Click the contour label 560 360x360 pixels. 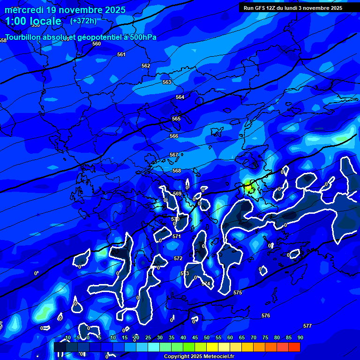click(97, 44)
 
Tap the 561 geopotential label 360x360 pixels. click(121, 54)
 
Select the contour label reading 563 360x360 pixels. click(167, 82)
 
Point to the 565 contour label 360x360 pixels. click(176, 119)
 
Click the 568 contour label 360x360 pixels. click(177, 171)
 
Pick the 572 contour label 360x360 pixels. click(178, 258)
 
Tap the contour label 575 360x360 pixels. click(238, 292)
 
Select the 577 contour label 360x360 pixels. click(307, 326)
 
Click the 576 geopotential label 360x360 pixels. click(266, 315)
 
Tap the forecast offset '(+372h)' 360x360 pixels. click(83, 21)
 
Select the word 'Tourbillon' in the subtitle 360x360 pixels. click(24, 37)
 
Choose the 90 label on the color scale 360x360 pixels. click(300, 337)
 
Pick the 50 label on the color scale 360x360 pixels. click(206, 337)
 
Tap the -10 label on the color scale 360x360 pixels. click(67, 337)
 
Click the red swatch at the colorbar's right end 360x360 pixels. click(294, 347)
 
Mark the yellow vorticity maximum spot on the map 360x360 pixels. click(248, 187)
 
